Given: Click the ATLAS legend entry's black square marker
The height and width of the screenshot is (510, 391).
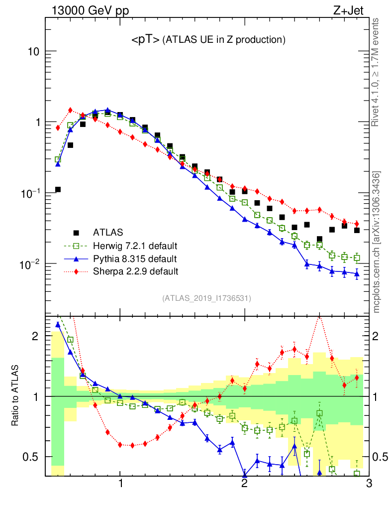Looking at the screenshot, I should tap(76, 232).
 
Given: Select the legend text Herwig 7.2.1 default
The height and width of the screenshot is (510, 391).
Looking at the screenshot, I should tap(135, 246).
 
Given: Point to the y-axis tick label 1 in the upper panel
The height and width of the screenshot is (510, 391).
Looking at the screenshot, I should tap(37, 123).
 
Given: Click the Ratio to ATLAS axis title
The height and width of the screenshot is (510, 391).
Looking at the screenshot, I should tap(16, 396).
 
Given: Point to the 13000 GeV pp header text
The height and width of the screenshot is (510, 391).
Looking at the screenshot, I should tap(86, 11).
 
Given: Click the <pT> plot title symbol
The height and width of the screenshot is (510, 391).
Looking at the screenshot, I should tap(145, 40).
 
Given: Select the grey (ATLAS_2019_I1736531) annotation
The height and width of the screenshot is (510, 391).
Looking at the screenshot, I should tap(206, 299).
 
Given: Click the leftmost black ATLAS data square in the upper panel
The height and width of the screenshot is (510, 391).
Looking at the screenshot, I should tap(58, 189).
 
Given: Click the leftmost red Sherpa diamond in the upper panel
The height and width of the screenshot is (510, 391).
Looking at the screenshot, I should tap(58, 128).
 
